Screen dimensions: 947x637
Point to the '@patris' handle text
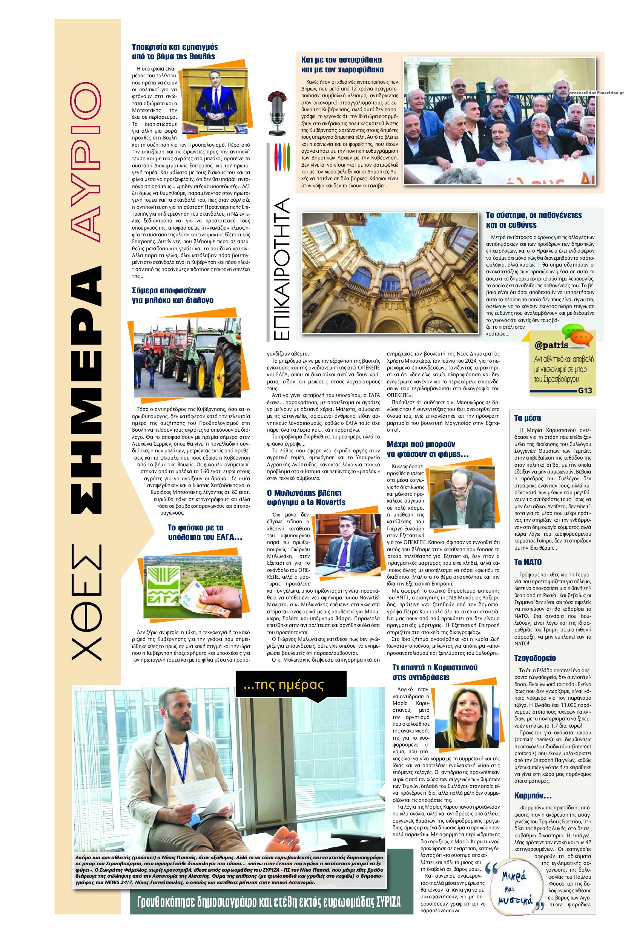[551, 346]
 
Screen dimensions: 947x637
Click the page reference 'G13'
[585, 391]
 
